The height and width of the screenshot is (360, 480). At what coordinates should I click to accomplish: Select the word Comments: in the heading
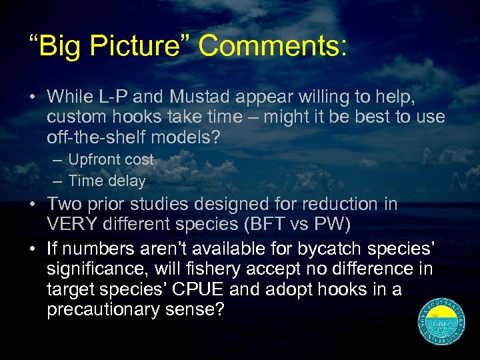click(273, 46)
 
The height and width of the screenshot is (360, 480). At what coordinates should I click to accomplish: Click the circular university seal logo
click(441, 321)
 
